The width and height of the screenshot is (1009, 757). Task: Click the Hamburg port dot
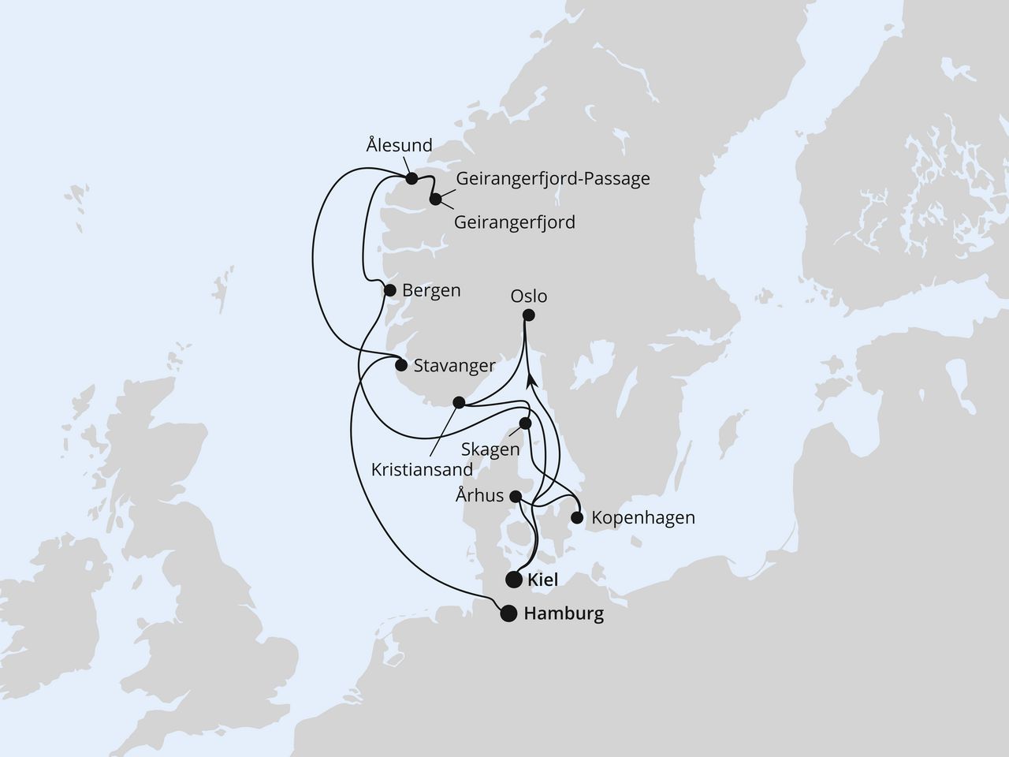pyautogui.click(x=509, y=613)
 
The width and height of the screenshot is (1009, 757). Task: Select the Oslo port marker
pyautogui.click(x=528, y=315)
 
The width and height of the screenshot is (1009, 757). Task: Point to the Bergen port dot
pyautogui.click(x=389, y=290)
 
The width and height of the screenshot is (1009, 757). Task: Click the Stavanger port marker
pyautogui.click(x=400, y=365)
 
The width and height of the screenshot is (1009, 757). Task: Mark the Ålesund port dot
pyautogui.click(x=411, y=179)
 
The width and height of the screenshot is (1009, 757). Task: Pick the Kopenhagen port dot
pyautogui.click(x=576, y=518)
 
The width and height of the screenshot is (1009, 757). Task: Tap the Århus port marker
pyautogui.click(x=515, y=497)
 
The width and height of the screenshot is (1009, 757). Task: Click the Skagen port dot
pyautogui.click(x=526, y=423)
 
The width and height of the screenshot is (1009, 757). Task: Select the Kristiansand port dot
pyautogui.click(x=459, y=403)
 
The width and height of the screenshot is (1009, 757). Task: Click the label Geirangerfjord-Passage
pyautogui.click(x=553, y=178)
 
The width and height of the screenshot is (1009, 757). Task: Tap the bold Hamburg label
pyautogui.click(x=564, y=614)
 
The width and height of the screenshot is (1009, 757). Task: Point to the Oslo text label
pyautogui.click(x=528, y=297)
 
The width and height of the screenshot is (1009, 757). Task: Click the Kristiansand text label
pyautogui.click(x=423, y=470)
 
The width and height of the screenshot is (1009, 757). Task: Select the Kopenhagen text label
pyautogui.click(x=643, y=518)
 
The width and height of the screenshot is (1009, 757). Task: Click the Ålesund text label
pyautogui.click(x=400, y=145)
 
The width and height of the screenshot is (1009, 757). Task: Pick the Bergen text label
pyautogui.click(x=431, y=290)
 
